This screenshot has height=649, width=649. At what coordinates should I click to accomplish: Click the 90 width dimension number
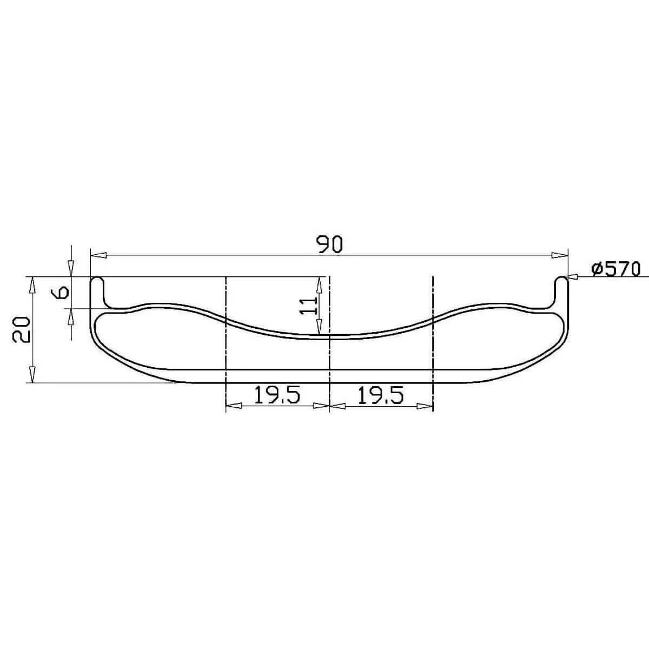(329, 244)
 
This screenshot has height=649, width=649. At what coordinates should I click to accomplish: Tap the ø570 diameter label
(615, 269)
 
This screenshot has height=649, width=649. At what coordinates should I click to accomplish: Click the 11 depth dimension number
(307, 305)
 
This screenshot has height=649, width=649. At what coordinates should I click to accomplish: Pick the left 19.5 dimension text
(277, 395)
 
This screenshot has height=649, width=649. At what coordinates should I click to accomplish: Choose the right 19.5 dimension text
(381, 395)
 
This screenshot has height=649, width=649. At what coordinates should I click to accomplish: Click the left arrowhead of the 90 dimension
(98, 255)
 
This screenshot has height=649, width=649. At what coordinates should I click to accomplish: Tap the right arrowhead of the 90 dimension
(559, 255)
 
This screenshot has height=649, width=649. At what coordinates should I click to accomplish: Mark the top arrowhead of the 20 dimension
(32, 285)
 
